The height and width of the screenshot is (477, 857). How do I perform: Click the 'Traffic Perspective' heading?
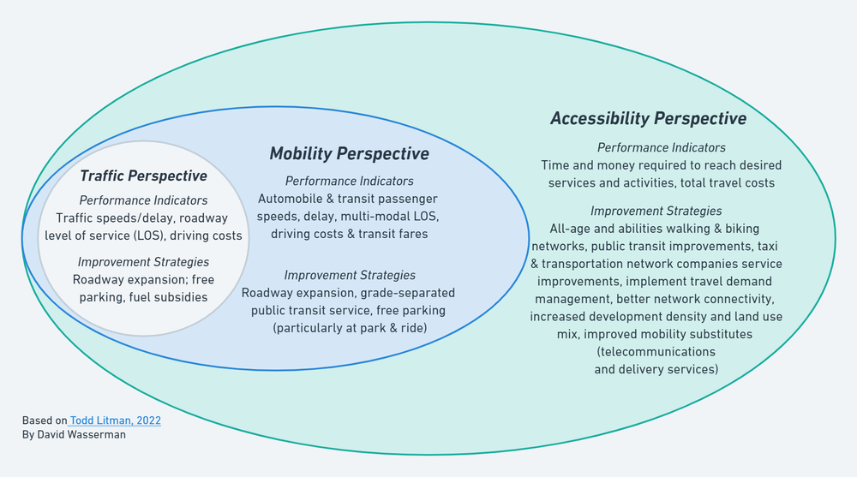(143, 176)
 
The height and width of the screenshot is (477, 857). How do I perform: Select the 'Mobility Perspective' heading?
(349, 153)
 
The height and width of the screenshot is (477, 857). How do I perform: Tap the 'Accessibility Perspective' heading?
(648, 118)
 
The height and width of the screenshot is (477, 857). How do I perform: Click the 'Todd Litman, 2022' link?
(116, 420)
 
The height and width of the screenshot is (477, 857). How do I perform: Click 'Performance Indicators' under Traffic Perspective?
(143, 200)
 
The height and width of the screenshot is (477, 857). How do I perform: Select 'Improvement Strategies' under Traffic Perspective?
(143, 262)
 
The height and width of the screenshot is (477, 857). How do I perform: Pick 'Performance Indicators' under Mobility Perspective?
(349, 181)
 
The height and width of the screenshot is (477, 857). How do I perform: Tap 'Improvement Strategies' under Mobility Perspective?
(349, 275)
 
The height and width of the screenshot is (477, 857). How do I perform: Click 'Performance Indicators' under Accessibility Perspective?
(661, 147)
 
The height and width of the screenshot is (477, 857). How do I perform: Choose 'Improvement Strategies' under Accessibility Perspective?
(656, 211)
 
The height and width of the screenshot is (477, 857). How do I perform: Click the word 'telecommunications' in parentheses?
(656, 352)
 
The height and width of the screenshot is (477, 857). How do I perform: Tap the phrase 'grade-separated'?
(408, 293)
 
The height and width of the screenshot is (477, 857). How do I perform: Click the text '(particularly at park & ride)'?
(349, 328)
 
